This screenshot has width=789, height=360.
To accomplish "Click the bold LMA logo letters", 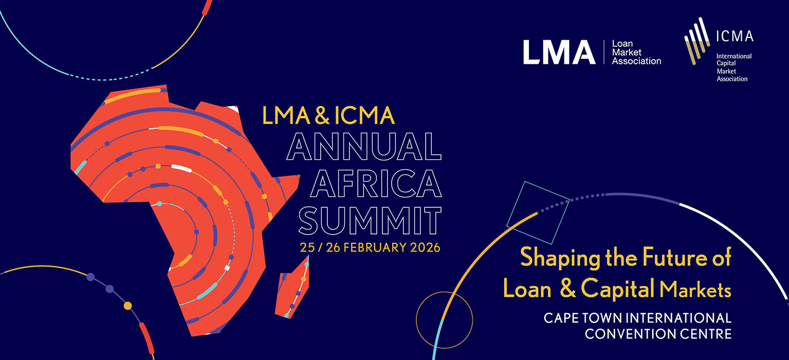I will click(559, 52).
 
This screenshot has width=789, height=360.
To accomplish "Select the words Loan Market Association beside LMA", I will click(636, 52).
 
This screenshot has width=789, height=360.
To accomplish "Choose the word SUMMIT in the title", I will click(370, 220).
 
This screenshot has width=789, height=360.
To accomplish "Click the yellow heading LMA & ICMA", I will click(328, 116).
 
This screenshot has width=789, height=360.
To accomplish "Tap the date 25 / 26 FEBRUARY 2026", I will click(370, 247).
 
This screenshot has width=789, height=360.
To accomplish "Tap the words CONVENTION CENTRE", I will click(658, 334).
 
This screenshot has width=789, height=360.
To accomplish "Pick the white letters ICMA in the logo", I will click(735, 36).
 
